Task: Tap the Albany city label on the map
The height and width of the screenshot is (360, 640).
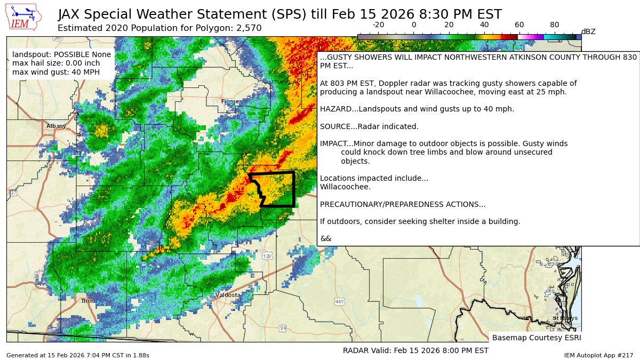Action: tap(56, 126)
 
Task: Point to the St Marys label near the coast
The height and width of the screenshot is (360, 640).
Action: tap(565, 318)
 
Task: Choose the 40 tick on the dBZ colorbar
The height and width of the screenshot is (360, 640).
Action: tap(484, 25)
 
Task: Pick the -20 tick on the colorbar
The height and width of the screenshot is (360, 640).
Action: tap(378, 25)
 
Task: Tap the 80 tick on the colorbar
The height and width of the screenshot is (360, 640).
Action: tap(555, 25)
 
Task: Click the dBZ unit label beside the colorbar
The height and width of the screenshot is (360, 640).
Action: tap(588, 32)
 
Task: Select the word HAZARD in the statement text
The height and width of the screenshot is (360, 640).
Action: tap(335, 109)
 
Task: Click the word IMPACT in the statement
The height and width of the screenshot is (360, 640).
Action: tap(333, 143)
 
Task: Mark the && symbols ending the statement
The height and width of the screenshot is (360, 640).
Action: tap(325, 238)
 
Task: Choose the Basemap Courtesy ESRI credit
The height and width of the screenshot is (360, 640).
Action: tap(536, 338)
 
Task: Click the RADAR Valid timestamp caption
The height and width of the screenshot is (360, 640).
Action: tap(415, 350)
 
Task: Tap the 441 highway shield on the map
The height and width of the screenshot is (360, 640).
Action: tap(339, 302)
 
